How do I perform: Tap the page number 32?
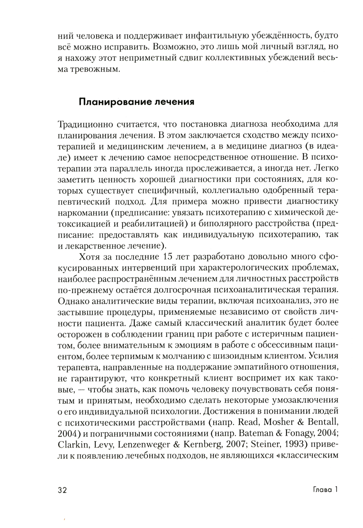pos(62,490)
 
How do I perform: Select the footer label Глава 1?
pos(325,490)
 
